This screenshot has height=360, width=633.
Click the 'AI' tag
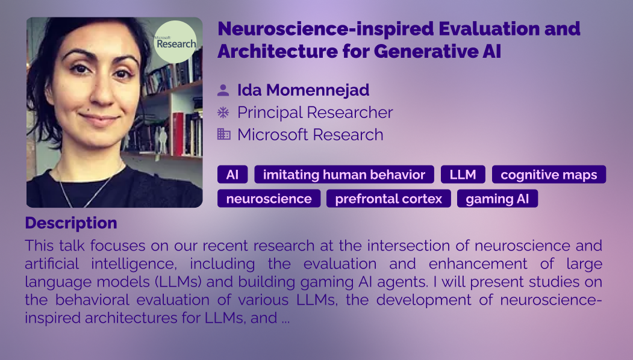tap(232, 175)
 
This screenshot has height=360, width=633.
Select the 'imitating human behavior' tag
tap(344, 175)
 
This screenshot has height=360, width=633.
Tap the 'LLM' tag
tap(463, 175)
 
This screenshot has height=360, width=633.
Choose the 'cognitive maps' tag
tap(549, 175)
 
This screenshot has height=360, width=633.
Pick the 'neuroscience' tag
tap(269, 199)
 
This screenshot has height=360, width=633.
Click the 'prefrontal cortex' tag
tap(388, 199)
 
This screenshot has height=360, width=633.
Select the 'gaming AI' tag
tap(497, 199)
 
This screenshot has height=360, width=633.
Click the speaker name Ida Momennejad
tap(303, 90)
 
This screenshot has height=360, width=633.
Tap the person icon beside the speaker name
tap(223, 90)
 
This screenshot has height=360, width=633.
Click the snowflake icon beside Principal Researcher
tap(223, 112)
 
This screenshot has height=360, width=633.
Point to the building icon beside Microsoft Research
tap(223, 134)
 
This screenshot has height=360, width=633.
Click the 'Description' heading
tap(71, 223)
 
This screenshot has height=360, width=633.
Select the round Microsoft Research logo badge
tap(176, 42)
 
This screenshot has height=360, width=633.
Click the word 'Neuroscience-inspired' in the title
tap(325, 29)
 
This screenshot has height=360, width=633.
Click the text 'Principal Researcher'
tap(315, 113)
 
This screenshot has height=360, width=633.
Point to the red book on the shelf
tap(178, 134)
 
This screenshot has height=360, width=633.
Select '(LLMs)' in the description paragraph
tap(178, 282)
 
